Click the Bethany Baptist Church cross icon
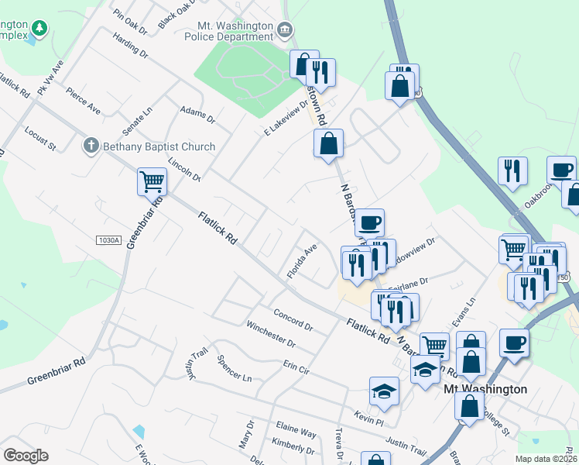coord(91,146)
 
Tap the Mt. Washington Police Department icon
coord(285,31)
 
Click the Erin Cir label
coord(296,367)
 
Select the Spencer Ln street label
coord(235,368)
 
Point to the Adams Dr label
coord(197,115)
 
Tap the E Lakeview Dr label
coord(286,120)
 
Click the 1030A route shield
coord(109,240)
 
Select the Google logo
coord(26,455)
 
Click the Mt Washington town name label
coord(485,389)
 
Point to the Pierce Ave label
coord(83,102)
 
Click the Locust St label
coord(40,137)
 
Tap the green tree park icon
coord(39,29)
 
